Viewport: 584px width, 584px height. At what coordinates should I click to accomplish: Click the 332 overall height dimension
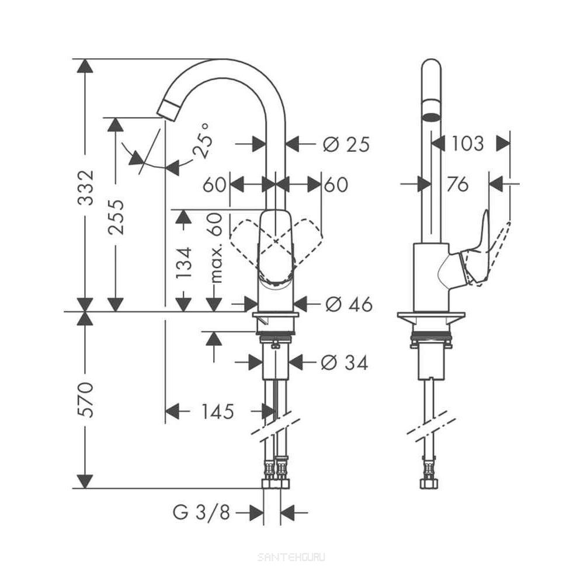pos(86,189)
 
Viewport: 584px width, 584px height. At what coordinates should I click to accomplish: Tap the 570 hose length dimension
pos(86,400)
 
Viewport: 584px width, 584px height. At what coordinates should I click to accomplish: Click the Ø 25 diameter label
pos(346,144)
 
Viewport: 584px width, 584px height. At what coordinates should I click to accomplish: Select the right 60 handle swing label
pos(336,185)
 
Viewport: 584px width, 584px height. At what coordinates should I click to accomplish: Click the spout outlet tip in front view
pos(168,110)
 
